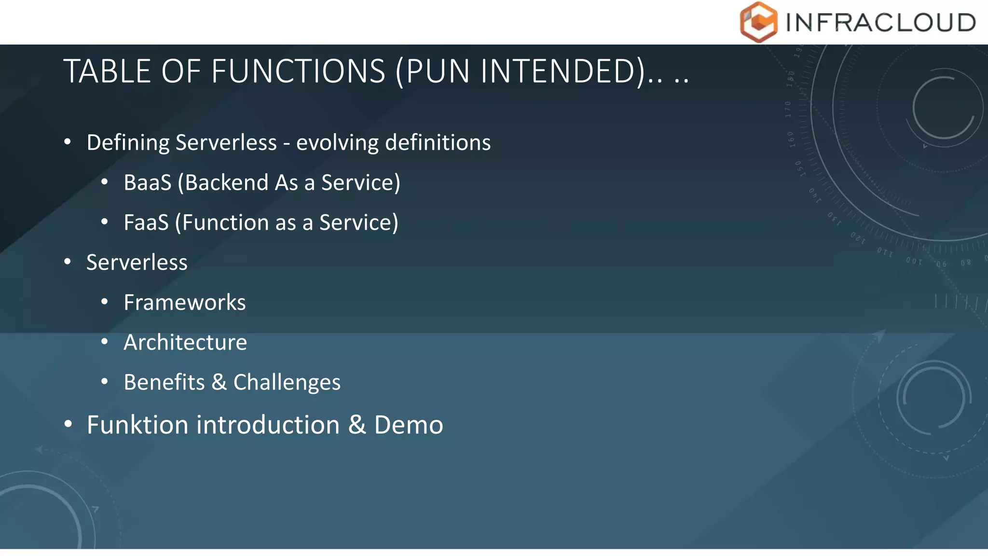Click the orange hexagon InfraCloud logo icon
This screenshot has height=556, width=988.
tap(758, 22)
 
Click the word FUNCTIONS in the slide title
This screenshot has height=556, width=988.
tap(298, 71)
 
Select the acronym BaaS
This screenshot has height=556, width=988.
tap(147, 183)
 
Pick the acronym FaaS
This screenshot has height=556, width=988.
tap(146, 223)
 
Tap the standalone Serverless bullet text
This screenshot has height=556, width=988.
tap(137, 263)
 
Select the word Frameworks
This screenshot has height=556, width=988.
tap(185, 303)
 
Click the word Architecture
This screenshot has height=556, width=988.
tap(185, 343)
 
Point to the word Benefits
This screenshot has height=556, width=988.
tap(164, 382)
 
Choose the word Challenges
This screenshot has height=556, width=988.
tap(287, 382)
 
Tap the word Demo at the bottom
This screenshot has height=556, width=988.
tap(409, 425)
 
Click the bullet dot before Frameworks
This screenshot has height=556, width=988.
tap(105, 302)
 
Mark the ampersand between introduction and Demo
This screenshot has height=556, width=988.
tap(357, 425)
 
